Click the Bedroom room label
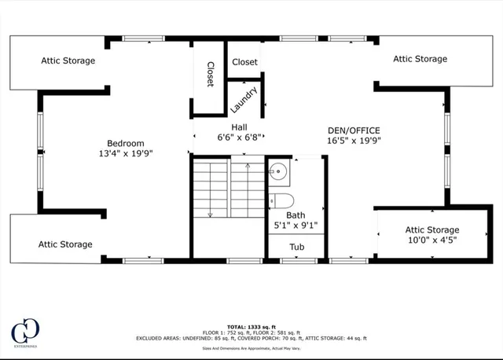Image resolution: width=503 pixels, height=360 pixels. [126, 143]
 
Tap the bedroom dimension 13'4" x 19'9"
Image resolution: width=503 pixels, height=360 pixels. [126, 154]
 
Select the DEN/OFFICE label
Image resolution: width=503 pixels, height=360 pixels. [354, 130]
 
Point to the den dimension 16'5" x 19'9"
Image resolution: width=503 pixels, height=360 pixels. [354, 141]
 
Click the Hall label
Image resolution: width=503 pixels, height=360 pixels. [239, 127]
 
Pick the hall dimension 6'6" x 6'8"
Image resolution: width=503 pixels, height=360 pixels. [239, 138]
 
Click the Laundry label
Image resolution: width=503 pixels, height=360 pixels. [244, 98]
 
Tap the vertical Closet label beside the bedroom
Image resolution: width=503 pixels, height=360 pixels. [211, 75]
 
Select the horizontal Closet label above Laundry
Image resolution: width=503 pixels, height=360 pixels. [244, 62]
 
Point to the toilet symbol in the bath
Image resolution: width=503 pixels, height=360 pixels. [281, 199]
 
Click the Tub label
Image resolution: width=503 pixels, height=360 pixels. [296, 247]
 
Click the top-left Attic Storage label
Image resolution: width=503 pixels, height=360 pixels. [68, 61]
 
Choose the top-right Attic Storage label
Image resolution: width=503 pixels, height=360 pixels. [420, 59]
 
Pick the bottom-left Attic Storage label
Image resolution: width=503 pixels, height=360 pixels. [65, 244]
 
